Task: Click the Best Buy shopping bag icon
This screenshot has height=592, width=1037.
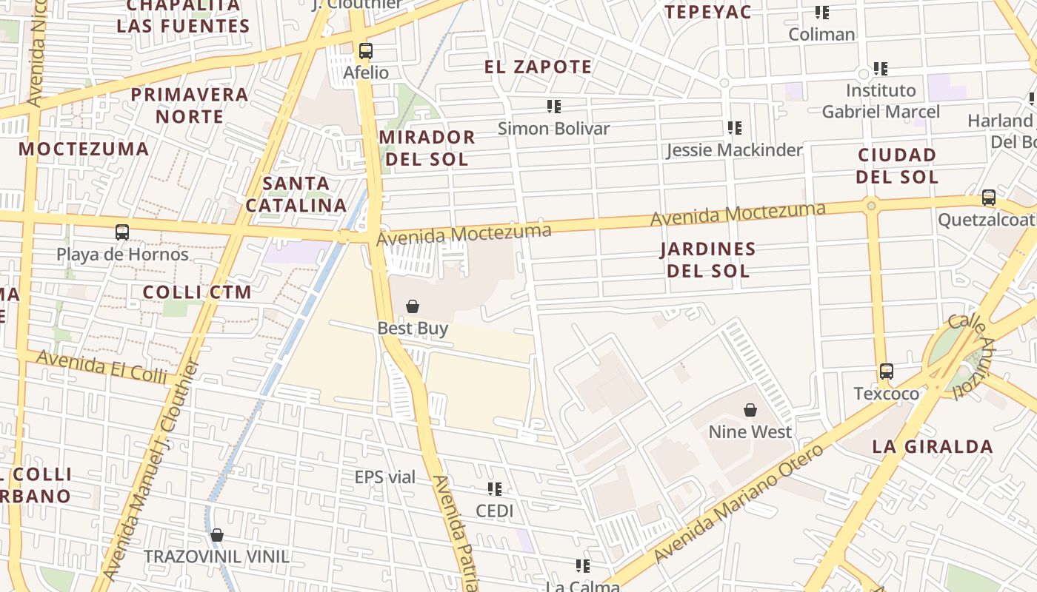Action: [413, 306]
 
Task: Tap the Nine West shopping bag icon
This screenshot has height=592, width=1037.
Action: [750, 410]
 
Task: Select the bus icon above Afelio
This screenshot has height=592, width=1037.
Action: [366, 51]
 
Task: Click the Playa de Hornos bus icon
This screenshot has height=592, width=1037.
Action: [122, 232]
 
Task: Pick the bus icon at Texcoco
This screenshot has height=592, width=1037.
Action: [887, 371]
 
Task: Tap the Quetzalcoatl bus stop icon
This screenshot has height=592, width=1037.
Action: [989, 198]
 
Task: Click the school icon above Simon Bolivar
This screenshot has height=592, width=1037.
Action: [553, 107]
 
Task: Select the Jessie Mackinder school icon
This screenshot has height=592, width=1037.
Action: [734, 128]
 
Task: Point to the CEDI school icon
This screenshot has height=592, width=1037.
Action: [495, 489]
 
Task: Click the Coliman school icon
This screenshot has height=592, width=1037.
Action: [821, 13]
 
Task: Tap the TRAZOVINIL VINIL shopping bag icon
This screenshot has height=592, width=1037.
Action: [217, 535]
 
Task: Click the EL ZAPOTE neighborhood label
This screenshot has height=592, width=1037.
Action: [538, 67]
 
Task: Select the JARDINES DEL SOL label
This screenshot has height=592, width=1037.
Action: [708, 259]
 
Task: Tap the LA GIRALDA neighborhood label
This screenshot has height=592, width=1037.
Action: [933, 446]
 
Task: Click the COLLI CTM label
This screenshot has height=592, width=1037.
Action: [197, 292]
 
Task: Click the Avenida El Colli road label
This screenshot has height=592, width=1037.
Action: [101, 367]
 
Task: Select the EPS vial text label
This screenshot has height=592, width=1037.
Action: [385, 477]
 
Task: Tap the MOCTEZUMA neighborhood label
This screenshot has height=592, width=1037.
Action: [84, 149]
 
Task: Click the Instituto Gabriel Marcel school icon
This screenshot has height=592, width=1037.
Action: [881, 69]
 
